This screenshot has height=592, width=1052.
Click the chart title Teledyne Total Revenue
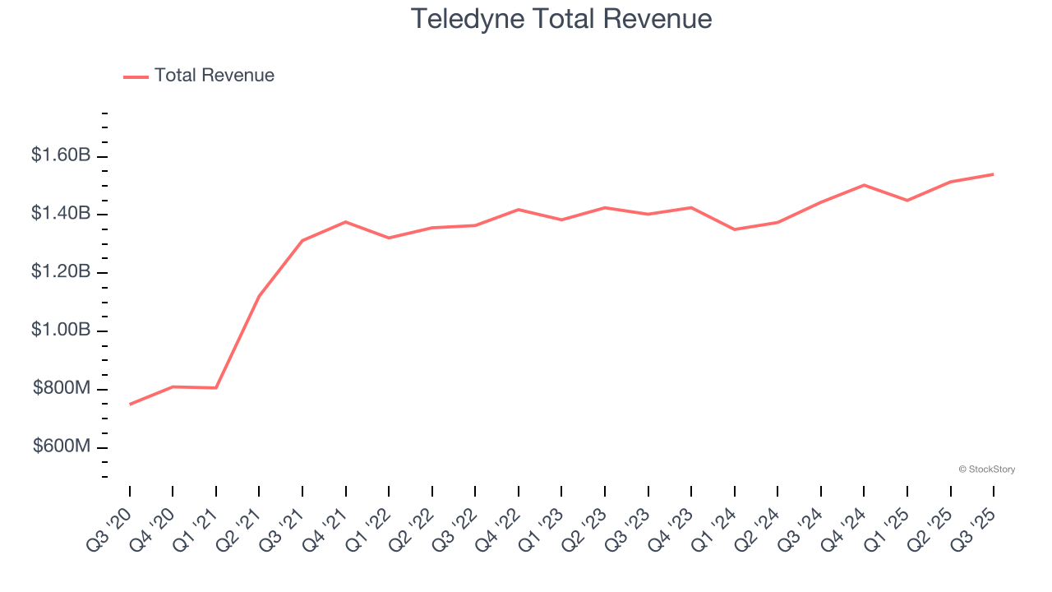point(561,18)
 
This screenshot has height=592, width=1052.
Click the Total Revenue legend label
point(214,76)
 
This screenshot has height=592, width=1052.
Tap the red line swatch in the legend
point(136,76)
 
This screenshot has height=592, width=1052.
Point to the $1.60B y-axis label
point(61,155)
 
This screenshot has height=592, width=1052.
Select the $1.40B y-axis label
point(61,214)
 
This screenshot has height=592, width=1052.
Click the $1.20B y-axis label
point(61,272)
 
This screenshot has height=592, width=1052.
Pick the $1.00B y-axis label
point(61,331)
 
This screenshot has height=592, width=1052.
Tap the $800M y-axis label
point(62,389)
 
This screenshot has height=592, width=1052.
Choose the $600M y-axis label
point(62,447)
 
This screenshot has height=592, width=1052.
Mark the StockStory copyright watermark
point(986,469)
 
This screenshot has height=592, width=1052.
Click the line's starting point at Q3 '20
point(130,405)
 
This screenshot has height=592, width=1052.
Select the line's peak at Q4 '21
point(346,222)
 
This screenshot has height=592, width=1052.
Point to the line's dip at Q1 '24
point(735,229)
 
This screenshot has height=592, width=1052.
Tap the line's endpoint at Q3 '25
point(994,174)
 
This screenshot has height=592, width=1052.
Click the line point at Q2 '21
point(259,296)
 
